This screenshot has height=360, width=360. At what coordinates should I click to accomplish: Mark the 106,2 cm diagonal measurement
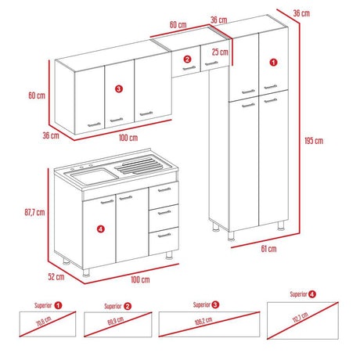click(205, 320)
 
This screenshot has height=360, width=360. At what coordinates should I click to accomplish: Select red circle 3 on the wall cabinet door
click(117, 89)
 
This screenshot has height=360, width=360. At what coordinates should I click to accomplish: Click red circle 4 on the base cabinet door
click(99, 229)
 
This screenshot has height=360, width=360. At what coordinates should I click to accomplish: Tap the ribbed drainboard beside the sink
click(141, 165)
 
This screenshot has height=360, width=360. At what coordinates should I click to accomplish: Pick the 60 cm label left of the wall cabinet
click(34, 95)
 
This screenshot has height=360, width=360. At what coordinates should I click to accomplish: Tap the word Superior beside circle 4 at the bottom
click(298, 295)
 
